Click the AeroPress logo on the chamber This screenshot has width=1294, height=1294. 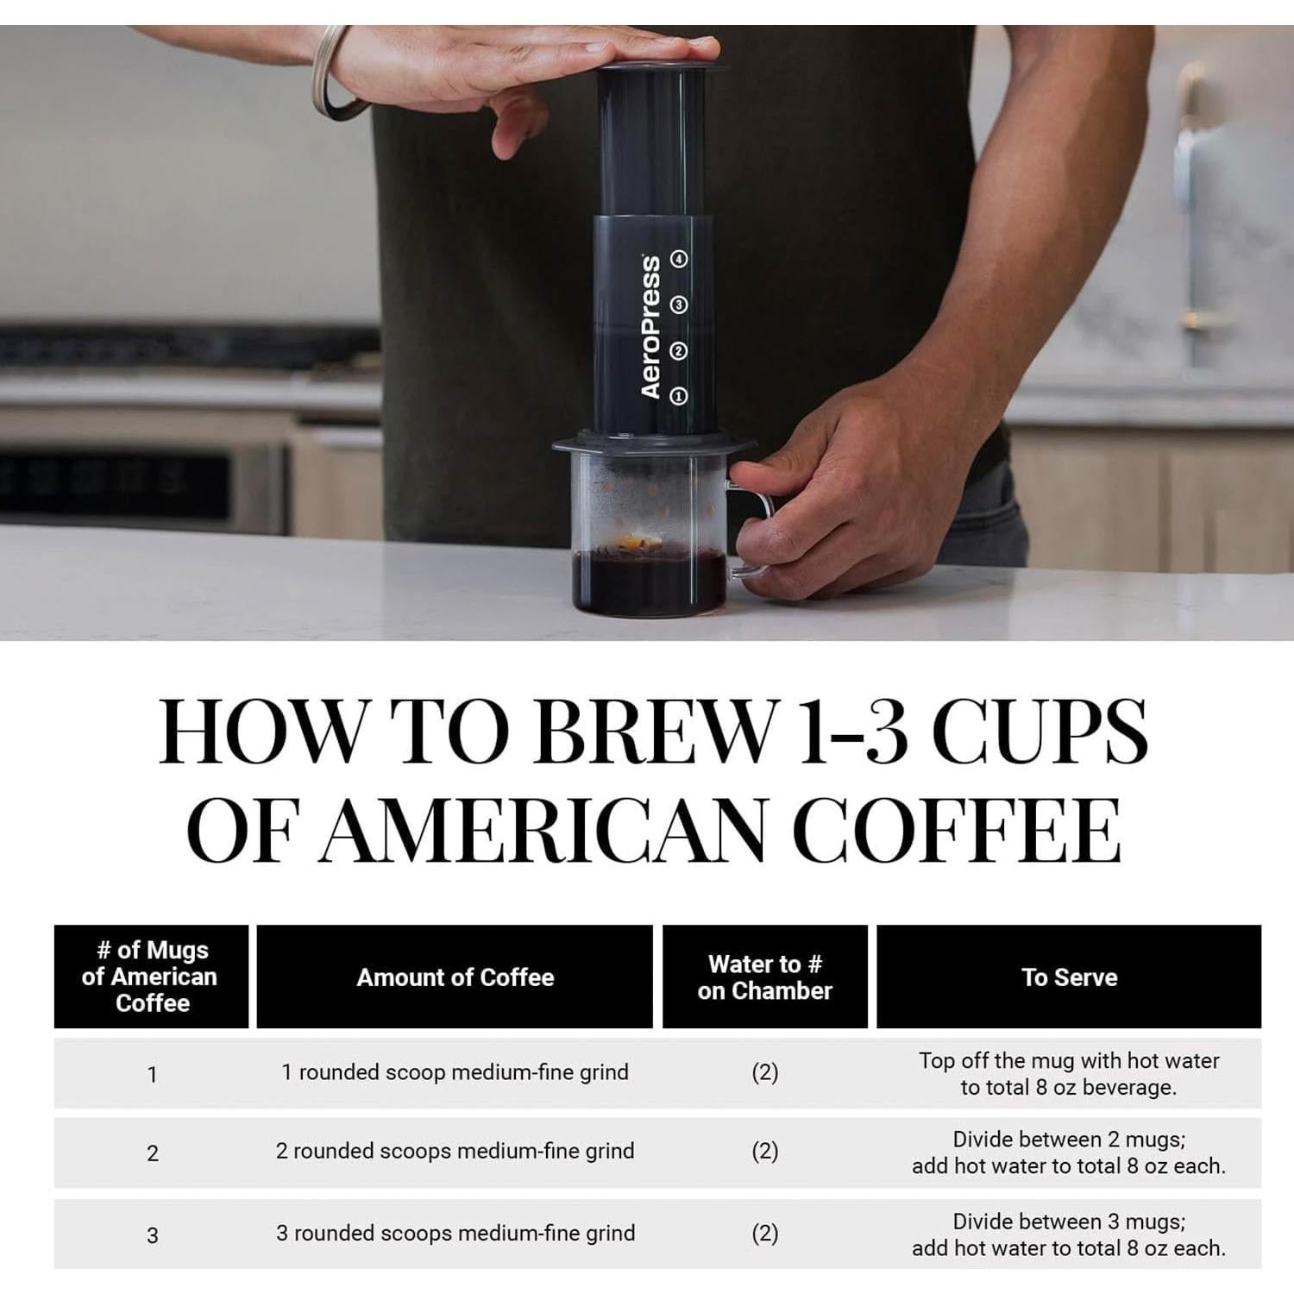click(x=651, y=326)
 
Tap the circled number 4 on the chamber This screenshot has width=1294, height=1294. click(x=680, y=259)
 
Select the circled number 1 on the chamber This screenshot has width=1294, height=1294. click(x=679, y=396)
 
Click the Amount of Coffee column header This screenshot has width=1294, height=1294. click(x=455, y=977)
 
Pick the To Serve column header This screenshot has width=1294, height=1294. click(x=1069, y=977)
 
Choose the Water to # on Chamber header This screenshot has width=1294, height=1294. click(x=764, y=977)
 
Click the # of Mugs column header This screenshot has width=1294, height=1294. click(x=151, y=977)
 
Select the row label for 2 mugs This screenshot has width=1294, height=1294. click(x=153, y=1153)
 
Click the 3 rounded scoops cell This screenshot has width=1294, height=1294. click(x=455, y=1234)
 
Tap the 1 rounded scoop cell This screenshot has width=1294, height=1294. click(x=455, y=1072)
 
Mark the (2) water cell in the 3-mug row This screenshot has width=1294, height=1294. click(x=764, y=1234)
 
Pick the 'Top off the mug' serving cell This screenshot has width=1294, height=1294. click(x=1069, y=1073)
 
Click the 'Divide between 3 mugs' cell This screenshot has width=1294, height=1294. click(x=1069, y=1234)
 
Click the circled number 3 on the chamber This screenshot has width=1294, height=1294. click(x=679, y=305)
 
